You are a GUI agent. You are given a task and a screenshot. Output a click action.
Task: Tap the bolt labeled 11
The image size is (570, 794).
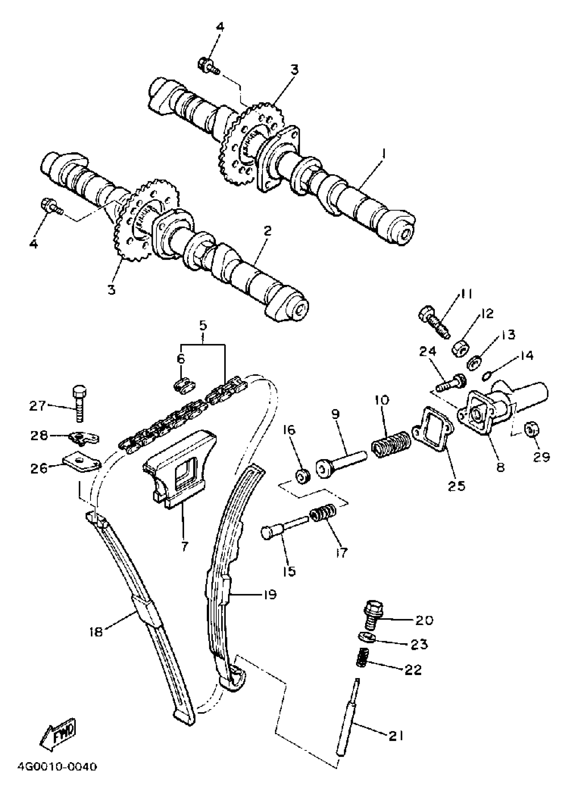tap(434, 321)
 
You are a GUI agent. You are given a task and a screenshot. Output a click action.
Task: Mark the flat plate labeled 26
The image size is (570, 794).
tap(81, 463)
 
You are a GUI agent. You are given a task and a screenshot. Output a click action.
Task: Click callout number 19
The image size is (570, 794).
tap(269, 594)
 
